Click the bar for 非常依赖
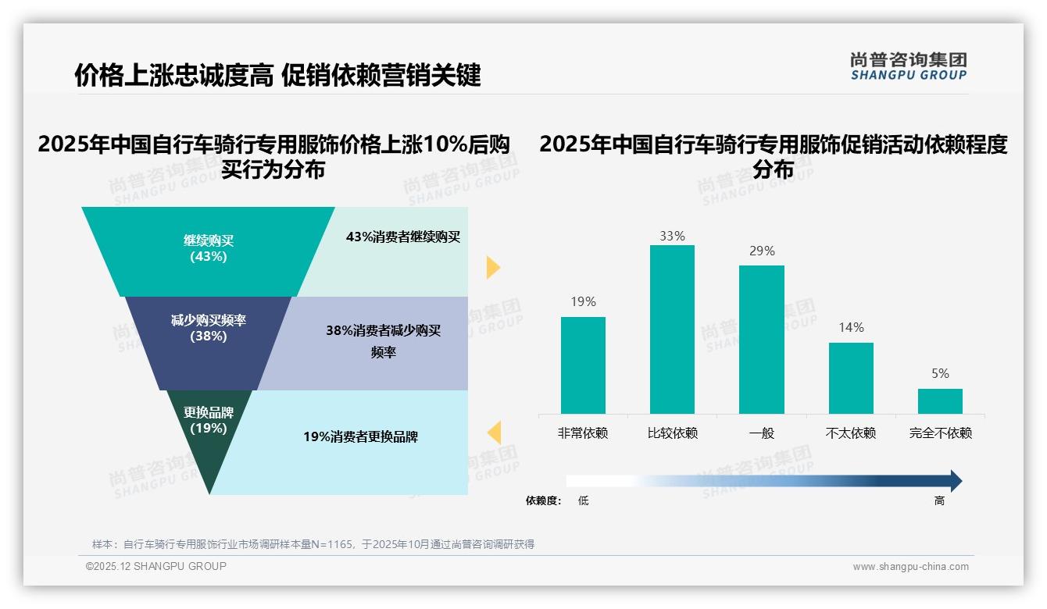click(583, 365)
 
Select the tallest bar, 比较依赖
click(672, 329)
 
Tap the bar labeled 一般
click(761, 339)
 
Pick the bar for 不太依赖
click(851, 378)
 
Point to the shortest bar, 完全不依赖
click(940, 401)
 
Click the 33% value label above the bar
click(672, 236)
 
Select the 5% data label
click(940, 374)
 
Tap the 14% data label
click(851, 328)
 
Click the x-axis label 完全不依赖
click(940, 433)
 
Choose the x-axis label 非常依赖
click(583, 433)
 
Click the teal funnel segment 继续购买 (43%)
click(209, 250)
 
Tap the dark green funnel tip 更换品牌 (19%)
click(208, 437)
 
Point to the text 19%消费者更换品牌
click(360, 437)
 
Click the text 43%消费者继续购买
click(403, 237)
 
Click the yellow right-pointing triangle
click(493, 267)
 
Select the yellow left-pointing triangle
click(494, 432)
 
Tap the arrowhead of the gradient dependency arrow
click(955, 481)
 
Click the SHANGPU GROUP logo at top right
click(908, 66)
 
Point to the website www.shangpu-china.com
click(910, 567)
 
